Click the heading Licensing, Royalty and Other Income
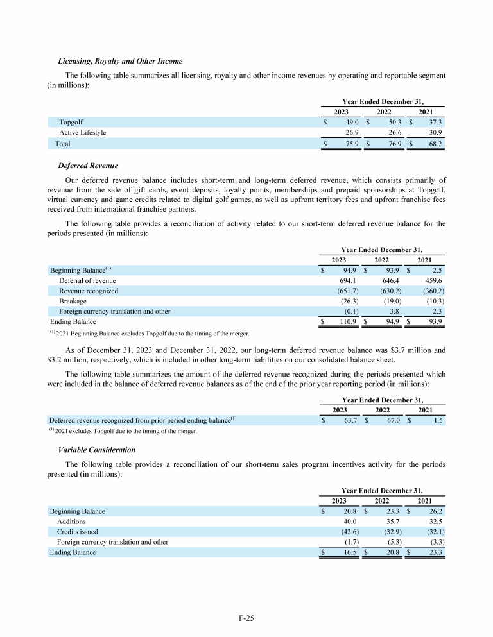coord(120,61)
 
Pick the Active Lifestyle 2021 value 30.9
coord(434,133)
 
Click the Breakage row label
coord(73,301)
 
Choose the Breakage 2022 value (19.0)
coord(391,301)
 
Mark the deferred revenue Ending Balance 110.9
coord(347,322)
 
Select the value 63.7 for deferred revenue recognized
coord(348,420)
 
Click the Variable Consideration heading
coord(97,450)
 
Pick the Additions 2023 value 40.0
coord(348,522)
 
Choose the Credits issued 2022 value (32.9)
coord(391,532)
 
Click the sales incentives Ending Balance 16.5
coord(348,552)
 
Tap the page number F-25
coord(246,618)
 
